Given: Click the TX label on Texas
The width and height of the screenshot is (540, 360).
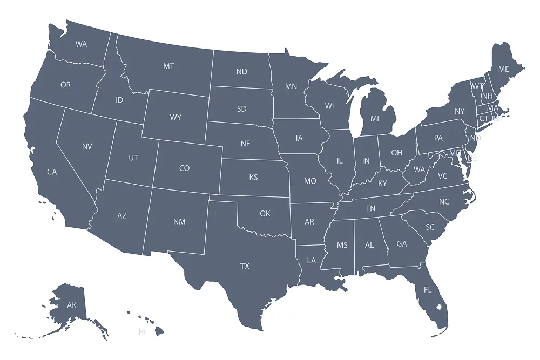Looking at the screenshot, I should [x=245, y=266].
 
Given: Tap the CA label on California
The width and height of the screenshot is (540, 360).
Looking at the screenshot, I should [x=52, y=172].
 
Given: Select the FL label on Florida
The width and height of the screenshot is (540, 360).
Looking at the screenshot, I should [x=428, y=290].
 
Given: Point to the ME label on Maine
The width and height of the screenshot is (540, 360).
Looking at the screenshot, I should [x=503, y=69].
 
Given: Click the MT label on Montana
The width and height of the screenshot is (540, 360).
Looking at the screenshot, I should [x=168, y=66].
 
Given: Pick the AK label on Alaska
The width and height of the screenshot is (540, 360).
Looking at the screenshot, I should [x=72, y=305].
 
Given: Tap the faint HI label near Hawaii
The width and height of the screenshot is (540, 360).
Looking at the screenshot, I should [x=142, y=331].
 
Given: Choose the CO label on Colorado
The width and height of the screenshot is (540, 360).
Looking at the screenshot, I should [x=184, y=168].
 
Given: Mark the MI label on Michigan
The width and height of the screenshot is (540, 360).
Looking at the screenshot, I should [x=375, y=118].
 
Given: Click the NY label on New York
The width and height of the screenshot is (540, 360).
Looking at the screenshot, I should [x=460, y=112].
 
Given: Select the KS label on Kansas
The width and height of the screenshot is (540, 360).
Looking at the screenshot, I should [x=253, y=178].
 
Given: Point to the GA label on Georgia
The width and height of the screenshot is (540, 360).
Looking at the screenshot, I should [x=402, y=244].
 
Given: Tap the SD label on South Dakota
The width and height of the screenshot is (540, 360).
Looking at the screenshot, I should [x=241, y=109].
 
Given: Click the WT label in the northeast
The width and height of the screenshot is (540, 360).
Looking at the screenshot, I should [x=477, y=86].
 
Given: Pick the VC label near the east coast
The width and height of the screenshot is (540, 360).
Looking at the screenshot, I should [x=443, y=176].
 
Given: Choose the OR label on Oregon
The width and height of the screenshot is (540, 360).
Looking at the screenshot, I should [x=65, y=85].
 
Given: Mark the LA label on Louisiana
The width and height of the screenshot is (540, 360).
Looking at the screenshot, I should [x=312, y=260].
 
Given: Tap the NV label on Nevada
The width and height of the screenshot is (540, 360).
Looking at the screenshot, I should [x=87, y=146].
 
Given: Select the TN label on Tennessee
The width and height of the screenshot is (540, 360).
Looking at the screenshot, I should [x=370, y=208].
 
